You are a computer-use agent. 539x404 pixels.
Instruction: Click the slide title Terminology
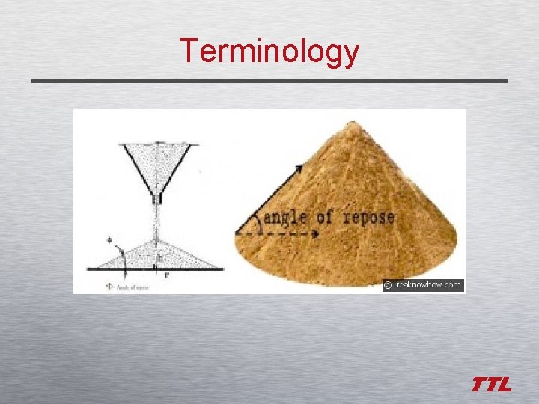click(269, 52)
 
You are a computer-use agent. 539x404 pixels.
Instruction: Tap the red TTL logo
click(491, 385)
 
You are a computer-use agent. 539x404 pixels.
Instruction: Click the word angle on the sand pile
click(284, 218)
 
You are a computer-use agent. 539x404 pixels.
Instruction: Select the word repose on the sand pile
click(368, 218)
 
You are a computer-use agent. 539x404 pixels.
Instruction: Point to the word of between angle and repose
click(324, 218)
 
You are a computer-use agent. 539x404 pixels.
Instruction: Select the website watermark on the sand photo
click(423, 285)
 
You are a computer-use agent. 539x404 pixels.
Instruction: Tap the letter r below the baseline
click(166, 275)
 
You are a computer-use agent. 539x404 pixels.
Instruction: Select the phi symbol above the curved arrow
click(109, 241)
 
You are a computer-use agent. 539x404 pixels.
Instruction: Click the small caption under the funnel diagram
click(127, 286)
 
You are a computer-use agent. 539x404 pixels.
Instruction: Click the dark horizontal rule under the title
click(269, 81)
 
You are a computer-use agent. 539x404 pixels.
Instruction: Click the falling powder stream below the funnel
click(156, 221)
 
